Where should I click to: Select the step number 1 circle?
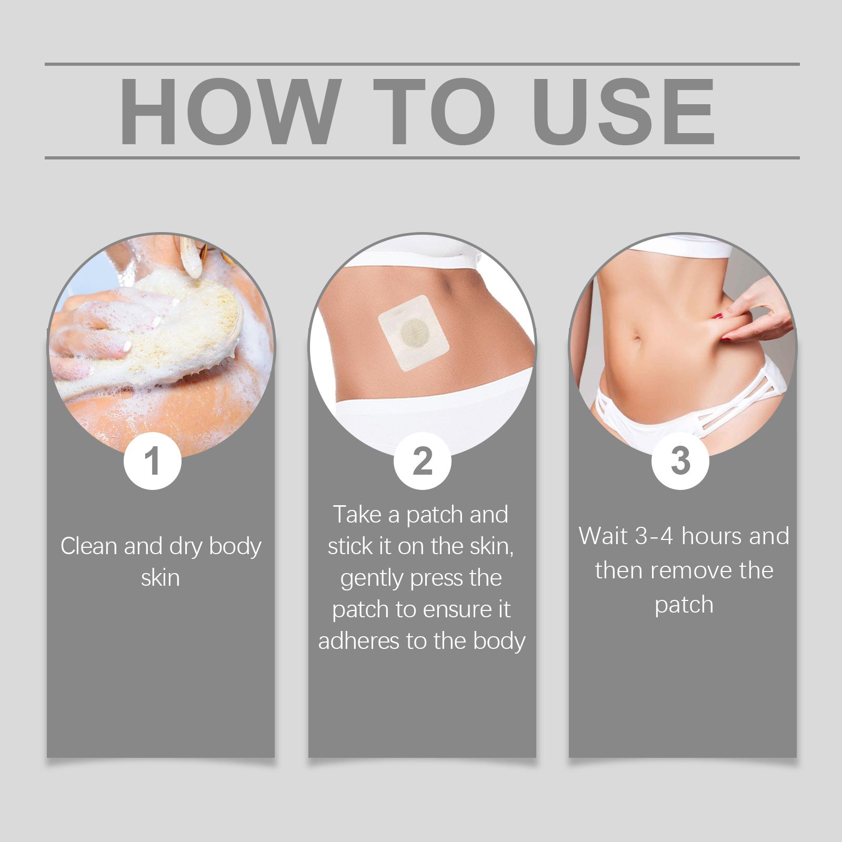[x=152, y=461]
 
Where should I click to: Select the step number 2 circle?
[x=423, y=461]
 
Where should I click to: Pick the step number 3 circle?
[x=680, y=461]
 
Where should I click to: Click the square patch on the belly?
[x=414, y=334]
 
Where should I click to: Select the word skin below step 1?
[x=161, y=578]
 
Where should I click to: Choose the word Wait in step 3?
[x=604, y=536]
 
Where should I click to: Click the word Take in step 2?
[x=358, y=514]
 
